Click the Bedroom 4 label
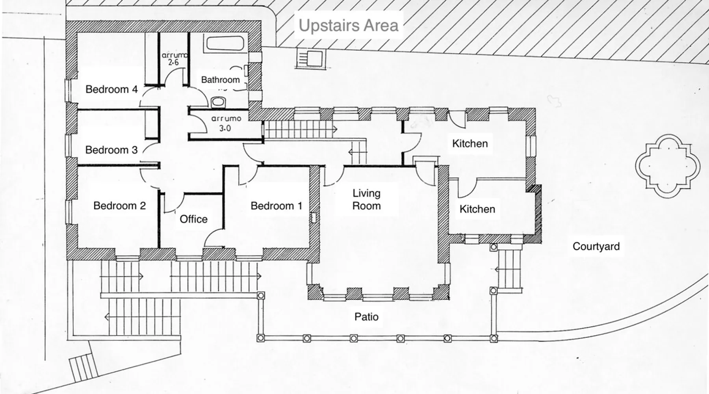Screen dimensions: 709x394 (111, 89)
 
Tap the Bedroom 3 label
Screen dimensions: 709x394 (111, 150)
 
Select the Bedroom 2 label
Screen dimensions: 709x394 (119, 206)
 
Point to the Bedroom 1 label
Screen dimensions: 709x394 (277, 206)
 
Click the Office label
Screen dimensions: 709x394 (193, 219)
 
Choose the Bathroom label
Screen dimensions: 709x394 (220, 80)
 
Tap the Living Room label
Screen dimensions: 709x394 (366, 199)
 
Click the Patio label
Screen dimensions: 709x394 (366, 317)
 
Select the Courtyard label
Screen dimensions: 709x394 (596, 246)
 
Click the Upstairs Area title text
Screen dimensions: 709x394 (349, 26)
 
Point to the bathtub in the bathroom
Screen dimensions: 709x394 (225, 44)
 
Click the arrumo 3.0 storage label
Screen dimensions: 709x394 (226, 123)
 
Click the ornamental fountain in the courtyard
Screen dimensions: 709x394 (668, 166)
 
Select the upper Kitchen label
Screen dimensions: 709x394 (470, 143)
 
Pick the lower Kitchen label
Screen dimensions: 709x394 (477, 209)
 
